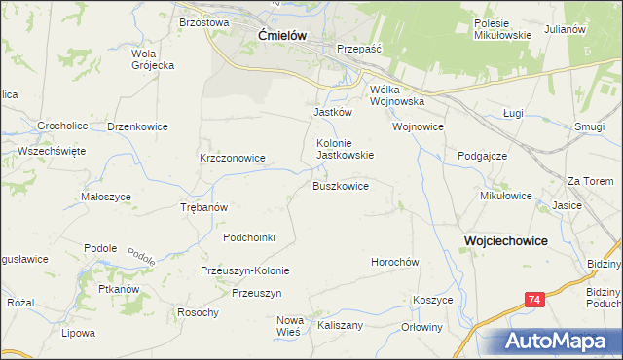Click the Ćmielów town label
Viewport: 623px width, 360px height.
coord(282,35)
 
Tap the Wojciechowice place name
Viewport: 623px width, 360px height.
coord(505,239)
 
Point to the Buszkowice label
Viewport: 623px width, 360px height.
coord(340,186)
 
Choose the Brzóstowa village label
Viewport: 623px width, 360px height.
coord(203,21)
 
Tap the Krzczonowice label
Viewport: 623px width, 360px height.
coord(233,157)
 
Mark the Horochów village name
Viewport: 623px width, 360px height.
coord(394,262)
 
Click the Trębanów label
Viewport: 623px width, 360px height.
coord(204,207)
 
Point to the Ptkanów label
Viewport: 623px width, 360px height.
coord(121,289)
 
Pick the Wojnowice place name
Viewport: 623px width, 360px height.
coord(418,126)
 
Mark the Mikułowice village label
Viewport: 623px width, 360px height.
coord(506,195)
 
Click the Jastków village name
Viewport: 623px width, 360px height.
coord(332,112)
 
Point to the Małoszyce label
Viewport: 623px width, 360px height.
coord(106,197)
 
